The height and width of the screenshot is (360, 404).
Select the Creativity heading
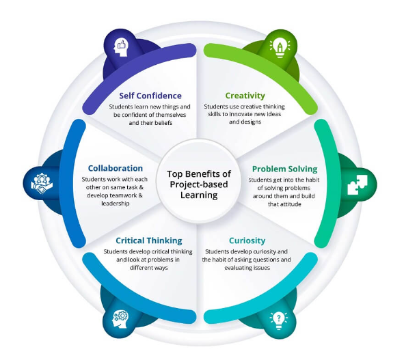[x=245, y=96]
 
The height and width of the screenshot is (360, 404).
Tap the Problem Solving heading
[x=285, y=168]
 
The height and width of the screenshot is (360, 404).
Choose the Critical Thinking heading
[x=149, y=240]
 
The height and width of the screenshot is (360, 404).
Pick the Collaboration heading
[x=116, y=168]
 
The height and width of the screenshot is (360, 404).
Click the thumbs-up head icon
[x=122, y=46]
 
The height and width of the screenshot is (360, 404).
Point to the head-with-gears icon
[x=121, y=319]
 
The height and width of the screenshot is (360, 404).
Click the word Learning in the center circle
[x=199, y=195]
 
